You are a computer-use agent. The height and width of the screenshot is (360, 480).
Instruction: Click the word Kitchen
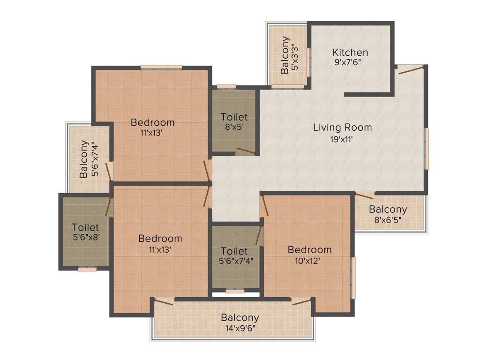point(350,52)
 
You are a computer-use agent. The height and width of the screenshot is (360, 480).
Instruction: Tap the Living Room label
point(342,127)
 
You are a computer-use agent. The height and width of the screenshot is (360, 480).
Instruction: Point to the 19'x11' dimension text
point(342,139)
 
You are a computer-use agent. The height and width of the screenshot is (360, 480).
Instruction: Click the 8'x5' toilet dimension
point(234,127)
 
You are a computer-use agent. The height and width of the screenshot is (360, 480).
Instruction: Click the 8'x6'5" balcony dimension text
point(388,220)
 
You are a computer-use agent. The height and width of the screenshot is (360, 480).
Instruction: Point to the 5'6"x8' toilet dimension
point(85,237)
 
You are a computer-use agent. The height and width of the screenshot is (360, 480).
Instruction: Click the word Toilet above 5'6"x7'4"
point(234,251)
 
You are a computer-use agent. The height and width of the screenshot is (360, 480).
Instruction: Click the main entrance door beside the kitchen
point(410,69)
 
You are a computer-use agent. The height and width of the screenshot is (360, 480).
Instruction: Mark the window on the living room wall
point(426,148)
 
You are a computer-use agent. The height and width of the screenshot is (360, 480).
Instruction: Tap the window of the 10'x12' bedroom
point(353,277)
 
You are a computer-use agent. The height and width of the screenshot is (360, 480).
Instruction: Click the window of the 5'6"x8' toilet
point(87,269)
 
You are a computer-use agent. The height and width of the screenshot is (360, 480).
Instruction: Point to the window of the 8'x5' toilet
point(226,86)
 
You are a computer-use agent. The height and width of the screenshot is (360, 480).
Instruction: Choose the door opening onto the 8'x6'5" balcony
point(365,195)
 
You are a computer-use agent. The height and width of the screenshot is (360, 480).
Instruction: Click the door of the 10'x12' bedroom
point(264,206)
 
